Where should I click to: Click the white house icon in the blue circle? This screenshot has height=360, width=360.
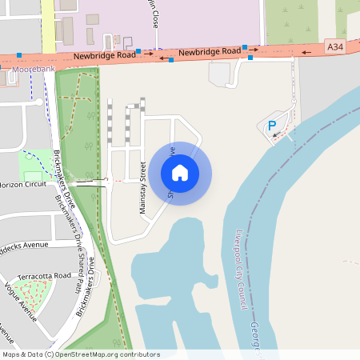pos(180,172)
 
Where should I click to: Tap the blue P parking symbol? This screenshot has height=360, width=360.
pos(272,126)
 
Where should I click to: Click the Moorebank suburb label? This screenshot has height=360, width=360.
pos(34,70)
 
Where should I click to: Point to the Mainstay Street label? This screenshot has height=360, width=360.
pos(143,187)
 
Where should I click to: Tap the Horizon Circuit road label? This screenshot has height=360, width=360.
pos(24,184)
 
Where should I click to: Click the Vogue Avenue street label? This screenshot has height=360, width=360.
pos(21,301)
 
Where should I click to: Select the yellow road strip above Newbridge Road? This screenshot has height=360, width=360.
pos(47,24)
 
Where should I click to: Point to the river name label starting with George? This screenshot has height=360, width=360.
pos(255,336)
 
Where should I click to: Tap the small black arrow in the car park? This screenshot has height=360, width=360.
pos(276,135)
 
